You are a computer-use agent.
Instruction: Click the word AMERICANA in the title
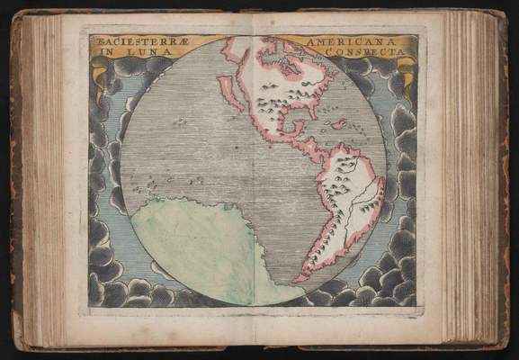coord(339,42)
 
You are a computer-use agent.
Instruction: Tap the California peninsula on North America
coord(231,94)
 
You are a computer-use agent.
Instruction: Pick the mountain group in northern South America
coord(342,180)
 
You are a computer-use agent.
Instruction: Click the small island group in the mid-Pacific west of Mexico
coord(179,121)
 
